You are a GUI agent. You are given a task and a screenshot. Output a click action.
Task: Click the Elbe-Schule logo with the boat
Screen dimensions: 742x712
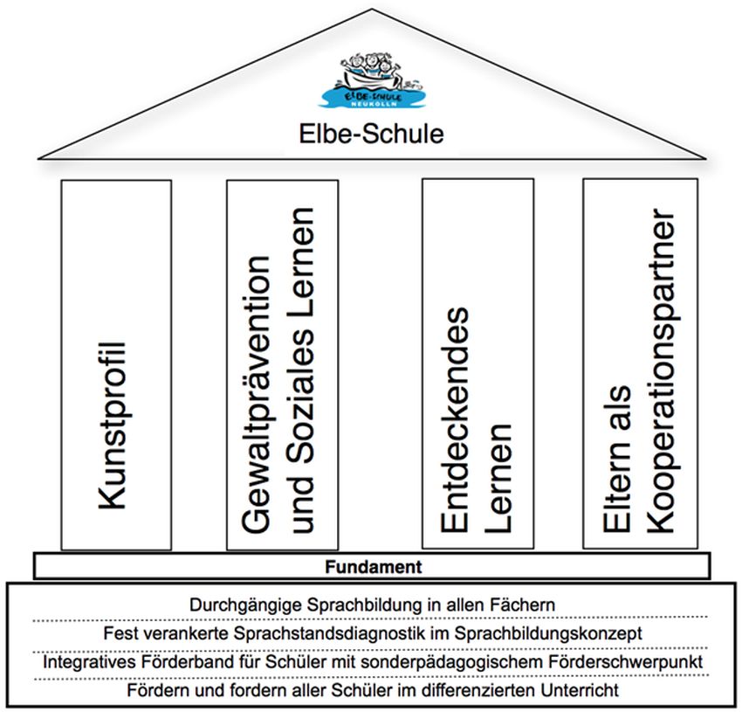(x=372, y=80)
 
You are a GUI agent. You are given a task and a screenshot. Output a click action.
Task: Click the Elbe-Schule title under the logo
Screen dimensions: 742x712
(x=372, y=134)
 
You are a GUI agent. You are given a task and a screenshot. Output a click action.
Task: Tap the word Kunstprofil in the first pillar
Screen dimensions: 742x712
(x=113, y=425)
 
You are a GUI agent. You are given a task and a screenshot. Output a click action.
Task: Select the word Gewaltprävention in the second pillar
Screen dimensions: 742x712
(x=256, y=395)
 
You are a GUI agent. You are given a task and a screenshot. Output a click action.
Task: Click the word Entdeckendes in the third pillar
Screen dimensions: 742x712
(x=455, y=419)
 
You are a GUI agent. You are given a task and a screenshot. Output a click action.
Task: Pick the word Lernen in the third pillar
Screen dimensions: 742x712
(x=498, y=479)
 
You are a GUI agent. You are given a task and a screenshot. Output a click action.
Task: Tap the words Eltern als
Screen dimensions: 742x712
(x=616, y=459)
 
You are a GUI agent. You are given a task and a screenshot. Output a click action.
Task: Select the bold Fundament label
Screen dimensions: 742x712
(x=374, y=567)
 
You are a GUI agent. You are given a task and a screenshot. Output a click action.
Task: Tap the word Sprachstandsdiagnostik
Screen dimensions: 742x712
(x=330, y=633)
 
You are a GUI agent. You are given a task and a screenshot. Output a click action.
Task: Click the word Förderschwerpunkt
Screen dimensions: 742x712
(x=626, y=662)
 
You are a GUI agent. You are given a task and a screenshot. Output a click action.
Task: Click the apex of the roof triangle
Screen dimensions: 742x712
(x=372, y=9)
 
